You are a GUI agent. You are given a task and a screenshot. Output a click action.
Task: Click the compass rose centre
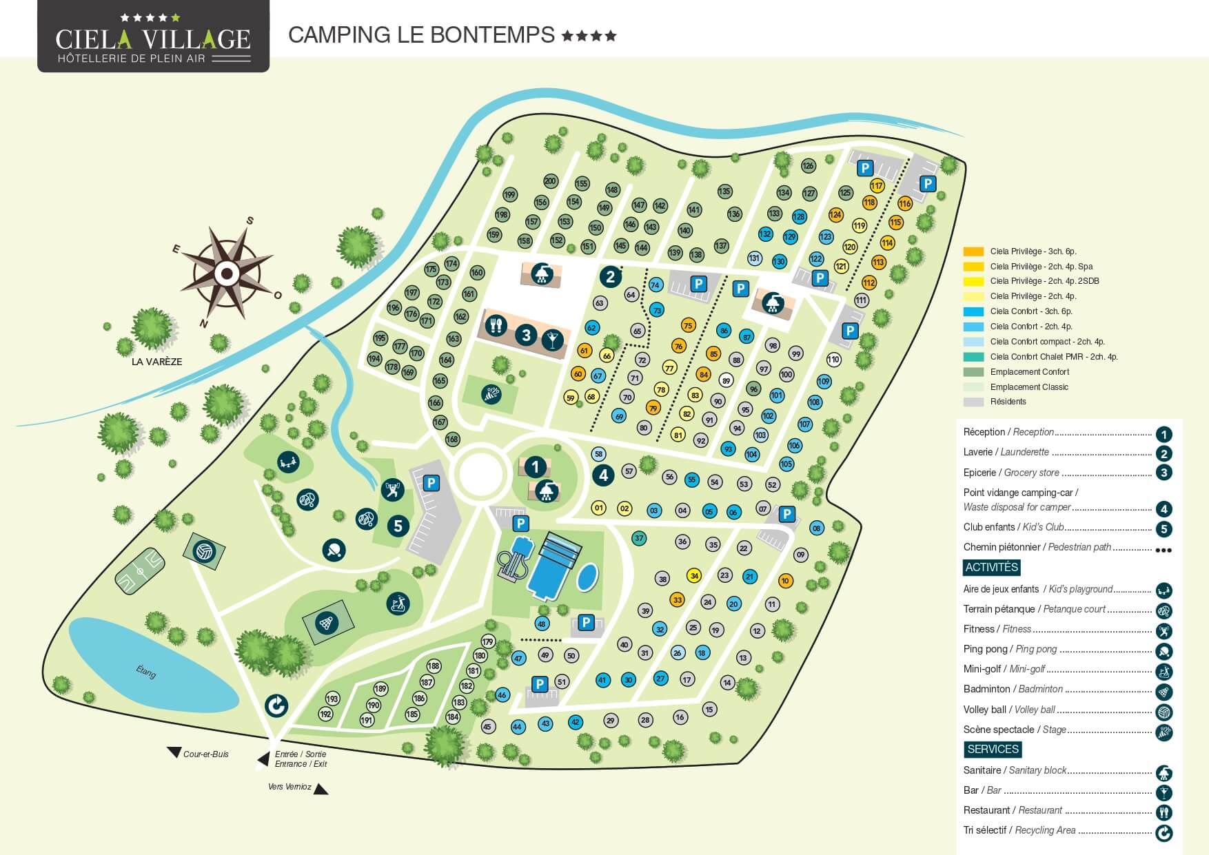[227, 274]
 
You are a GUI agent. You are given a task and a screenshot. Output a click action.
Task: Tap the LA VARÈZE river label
[156, 362]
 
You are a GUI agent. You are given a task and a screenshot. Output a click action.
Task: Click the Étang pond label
[145, 670]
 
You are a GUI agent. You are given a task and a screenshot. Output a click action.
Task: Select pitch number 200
[550, 181]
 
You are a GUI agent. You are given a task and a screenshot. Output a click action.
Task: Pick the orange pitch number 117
[877, 185]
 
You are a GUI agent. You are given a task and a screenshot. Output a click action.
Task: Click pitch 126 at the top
[808, 165]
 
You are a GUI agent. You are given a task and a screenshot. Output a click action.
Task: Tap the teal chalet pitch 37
[639, 538]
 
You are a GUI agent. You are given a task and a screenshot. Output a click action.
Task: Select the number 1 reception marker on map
[535, 466]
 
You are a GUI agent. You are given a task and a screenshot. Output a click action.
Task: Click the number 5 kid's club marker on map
[398, 526]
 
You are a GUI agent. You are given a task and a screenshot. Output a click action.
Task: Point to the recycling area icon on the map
[276, 705]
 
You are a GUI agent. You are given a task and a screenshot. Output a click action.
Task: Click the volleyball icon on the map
[203, 552]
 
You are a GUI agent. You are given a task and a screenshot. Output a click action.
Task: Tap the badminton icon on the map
[327, 624]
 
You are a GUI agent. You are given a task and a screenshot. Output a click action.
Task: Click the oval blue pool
[587, 577]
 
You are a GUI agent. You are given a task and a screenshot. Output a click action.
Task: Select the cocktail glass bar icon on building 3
[551, 339]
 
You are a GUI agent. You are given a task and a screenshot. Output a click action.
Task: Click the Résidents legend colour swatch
[973, 402]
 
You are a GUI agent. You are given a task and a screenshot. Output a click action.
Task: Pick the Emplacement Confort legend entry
[1029, 372]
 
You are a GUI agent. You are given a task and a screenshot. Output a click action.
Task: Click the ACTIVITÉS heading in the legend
[991, 567]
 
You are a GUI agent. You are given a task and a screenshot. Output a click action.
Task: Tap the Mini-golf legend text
[1004, 669]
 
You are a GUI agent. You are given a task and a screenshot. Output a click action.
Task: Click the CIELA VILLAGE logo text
[153, 39]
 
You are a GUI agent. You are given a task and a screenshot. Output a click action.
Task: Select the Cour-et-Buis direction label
[205, 754]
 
